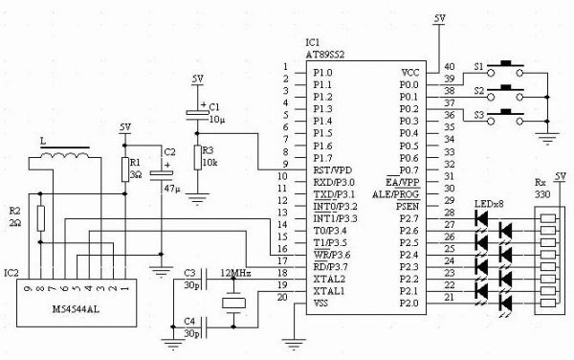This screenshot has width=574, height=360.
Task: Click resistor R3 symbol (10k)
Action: pyautogui.click(x=196, y=157)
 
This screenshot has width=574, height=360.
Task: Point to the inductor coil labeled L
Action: pyautogui.click(x=69, y=156)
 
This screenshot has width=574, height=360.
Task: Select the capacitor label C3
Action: pyautogui.click(x=190, y=274)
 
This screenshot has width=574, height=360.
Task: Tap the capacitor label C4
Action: pyautogui.click(x=190, y=321)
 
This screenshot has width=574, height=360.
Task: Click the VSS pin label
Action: pyautogui.click(x=322, y=304)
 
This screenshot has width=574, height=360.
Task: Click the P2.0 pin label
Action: pyautogui.click(x=408, y=304)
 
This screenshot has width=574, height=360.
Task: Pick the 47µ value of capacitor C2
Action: pyautogui.click(x=171, y=191)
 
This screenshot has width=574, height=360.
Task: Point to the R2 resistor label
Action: pyautogui.click(x=14, y=210)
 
